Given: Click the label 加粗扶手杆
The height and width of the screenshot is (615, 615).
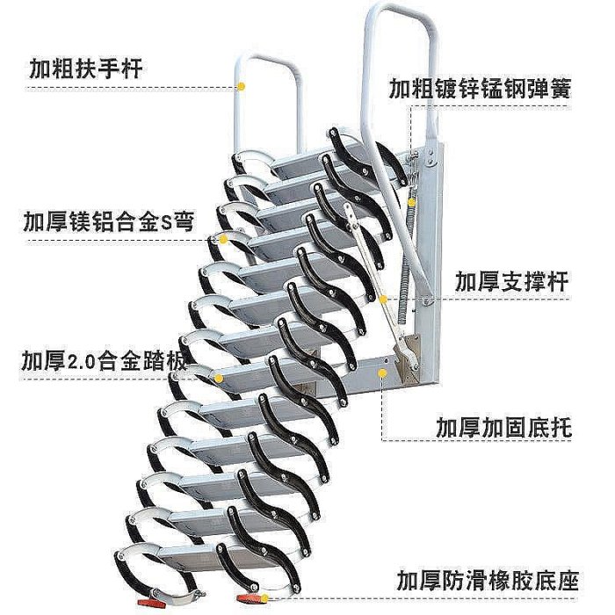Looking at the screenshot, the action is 86,69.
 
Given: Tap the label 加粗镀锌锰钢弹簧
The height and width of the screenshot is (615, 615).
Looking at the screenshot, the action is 480,89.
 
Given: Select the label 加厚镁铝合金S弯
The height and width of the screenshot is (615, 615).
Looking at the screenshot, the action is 109,222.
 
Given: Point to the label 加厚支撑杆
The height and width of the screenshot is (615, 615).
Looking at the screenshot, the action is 511,281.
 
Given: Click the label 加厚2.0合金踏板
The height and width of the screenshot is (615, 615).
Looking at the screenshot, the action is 104,360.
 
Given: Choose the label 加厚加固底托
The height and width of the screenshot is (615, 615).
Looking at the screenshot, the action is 503,427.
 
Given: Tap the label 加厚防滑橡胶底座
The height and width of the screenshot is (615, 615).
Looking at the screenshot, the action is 488,580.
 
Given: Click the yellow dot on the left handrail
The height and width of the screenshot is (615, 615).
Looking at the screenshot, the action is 242,87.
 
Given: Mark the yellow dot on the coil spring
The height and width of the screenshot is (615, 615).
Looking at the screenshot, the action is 411,202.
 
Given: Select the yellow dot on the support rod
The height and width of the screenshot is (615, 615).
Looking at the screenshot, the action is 384,300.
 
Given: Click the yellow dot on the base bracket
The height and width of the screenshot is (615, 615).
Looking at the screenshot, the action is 382,373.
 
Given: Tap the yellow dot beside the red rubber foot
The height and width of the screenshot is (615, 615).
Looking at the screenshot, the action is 264,598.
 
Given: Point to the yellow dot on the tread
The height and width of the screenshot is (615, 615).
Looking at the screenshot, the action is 219,378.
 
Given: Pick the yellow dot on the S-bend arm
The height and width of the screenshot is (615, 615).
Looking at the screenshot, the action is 223,239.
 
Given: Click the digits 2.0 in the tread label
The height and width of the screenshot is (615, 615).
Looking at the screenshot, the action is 82,361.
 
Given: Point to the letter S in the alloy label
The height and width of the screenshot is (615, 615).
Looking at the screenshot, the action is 167,223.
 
